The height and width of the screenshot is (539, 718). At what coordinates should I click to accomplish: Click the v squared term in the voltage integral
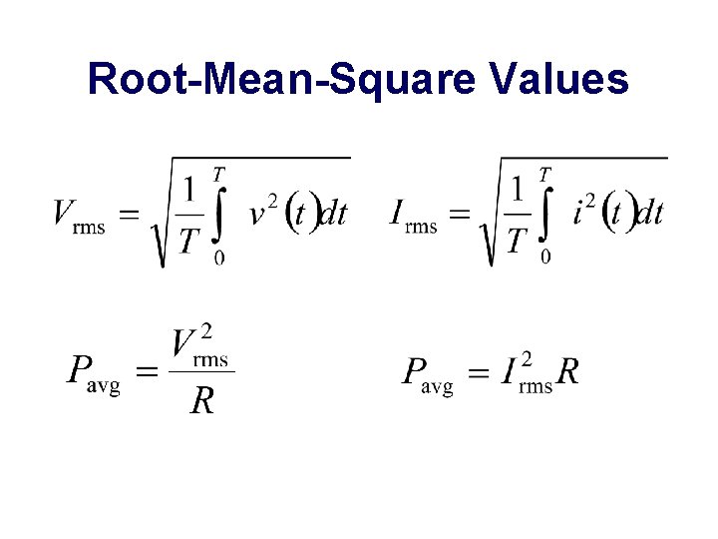[x=264, y=213]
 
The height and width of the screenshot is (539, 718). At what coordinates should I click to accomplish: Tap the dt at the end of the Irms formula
[x=649, y=214]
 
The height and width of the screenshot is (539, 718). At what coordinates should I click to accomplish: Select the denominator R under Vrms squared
[x=202, y=401]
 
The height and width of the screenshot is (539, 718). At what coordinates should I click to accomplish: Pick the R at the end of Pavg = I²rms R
[x=567, y=372]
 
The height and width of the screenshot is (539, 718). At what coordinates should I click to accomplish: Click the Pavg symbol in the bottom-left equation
[x=93, y=374]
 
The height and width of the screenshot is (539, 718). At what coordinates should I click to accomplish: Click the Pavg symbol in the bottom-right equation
[x=428, y=374]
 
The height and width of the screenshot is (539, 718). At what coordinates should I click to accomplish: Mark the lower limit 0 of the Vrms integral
[x=219, y=259]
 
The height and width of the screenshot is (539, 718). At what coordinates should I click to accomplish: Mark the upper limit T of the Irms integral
[x=544, y=175]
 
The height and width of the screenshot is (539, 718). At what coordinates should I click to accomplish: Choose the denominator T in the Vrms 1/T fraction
[x=188, y=240]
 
